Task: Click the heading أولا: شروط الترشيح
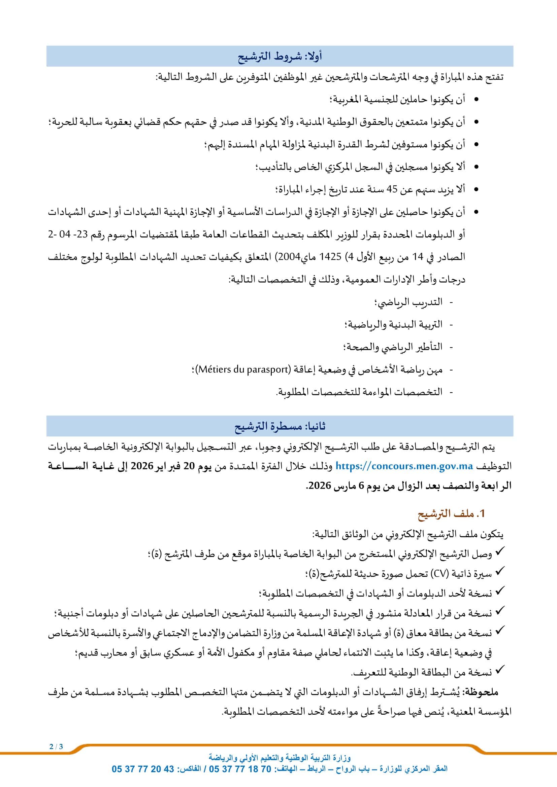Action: click(x=280, y=57)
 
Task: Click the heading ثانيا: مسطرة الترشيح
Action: click(x=280, y=426)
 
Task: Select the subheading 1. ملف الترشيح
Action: click(x=451, y=513)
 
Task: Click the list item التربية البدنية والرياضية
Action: click(x=393, y=325)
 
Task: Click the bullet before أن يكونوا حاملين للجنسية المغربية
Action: click(x=476, y=100)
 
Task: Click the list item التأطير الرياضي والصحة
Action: click(x=392, y=347)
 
